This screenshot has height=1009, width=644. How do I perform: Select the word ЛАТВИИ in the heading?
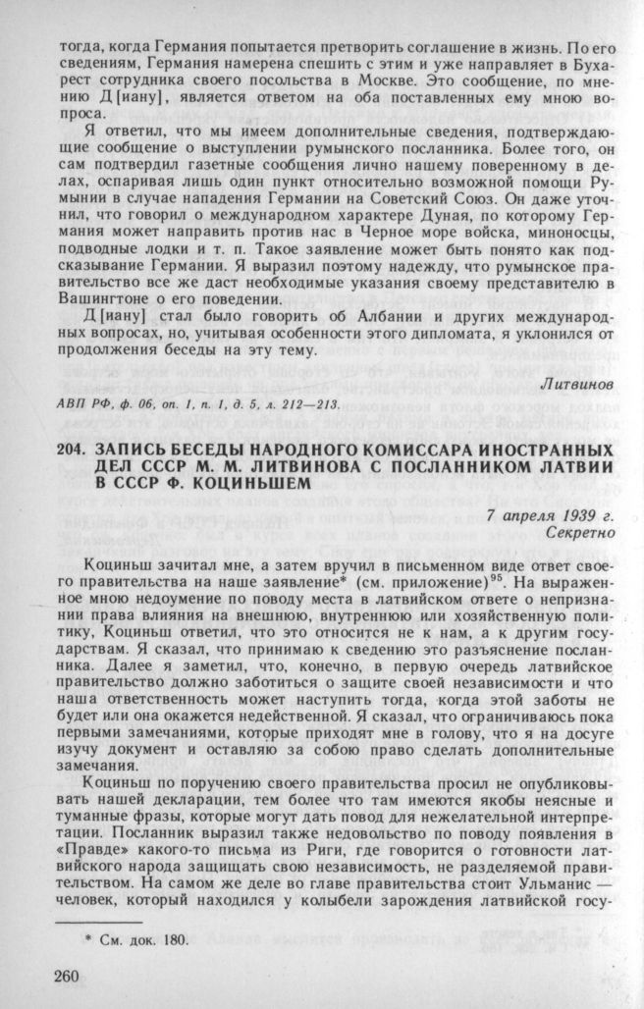tap(564, 466)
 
